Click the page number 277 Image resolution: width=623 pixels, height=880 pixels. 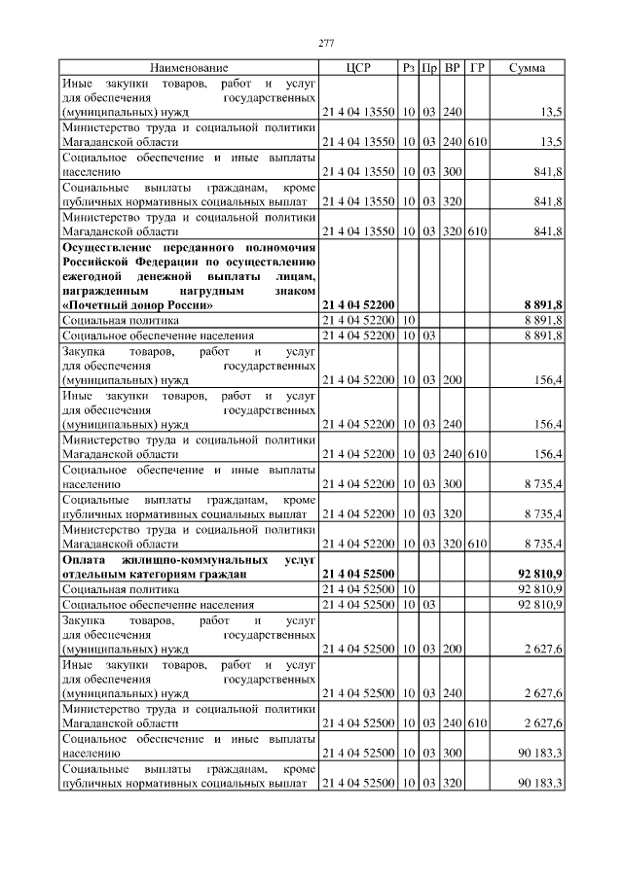tap(326, 43)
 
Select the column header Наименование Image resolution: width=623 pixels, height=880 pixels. tap(189, 68)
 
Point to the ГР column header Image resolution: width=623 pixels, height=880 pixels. tap(477, 68)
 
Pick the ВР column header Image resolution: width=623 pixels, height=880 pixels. tap(452, 68)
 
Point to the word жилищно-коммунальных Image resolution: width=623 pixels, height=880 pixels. tap(186, 561)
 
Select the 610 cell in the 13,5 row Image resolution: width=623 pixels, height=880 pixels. tap(477, 142)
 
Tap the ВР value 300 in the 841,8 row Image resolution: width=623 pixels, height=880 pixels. tap(452, 171)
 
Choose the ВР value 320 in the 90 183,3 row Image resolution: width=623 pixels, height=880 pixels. tap(452, 783)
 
